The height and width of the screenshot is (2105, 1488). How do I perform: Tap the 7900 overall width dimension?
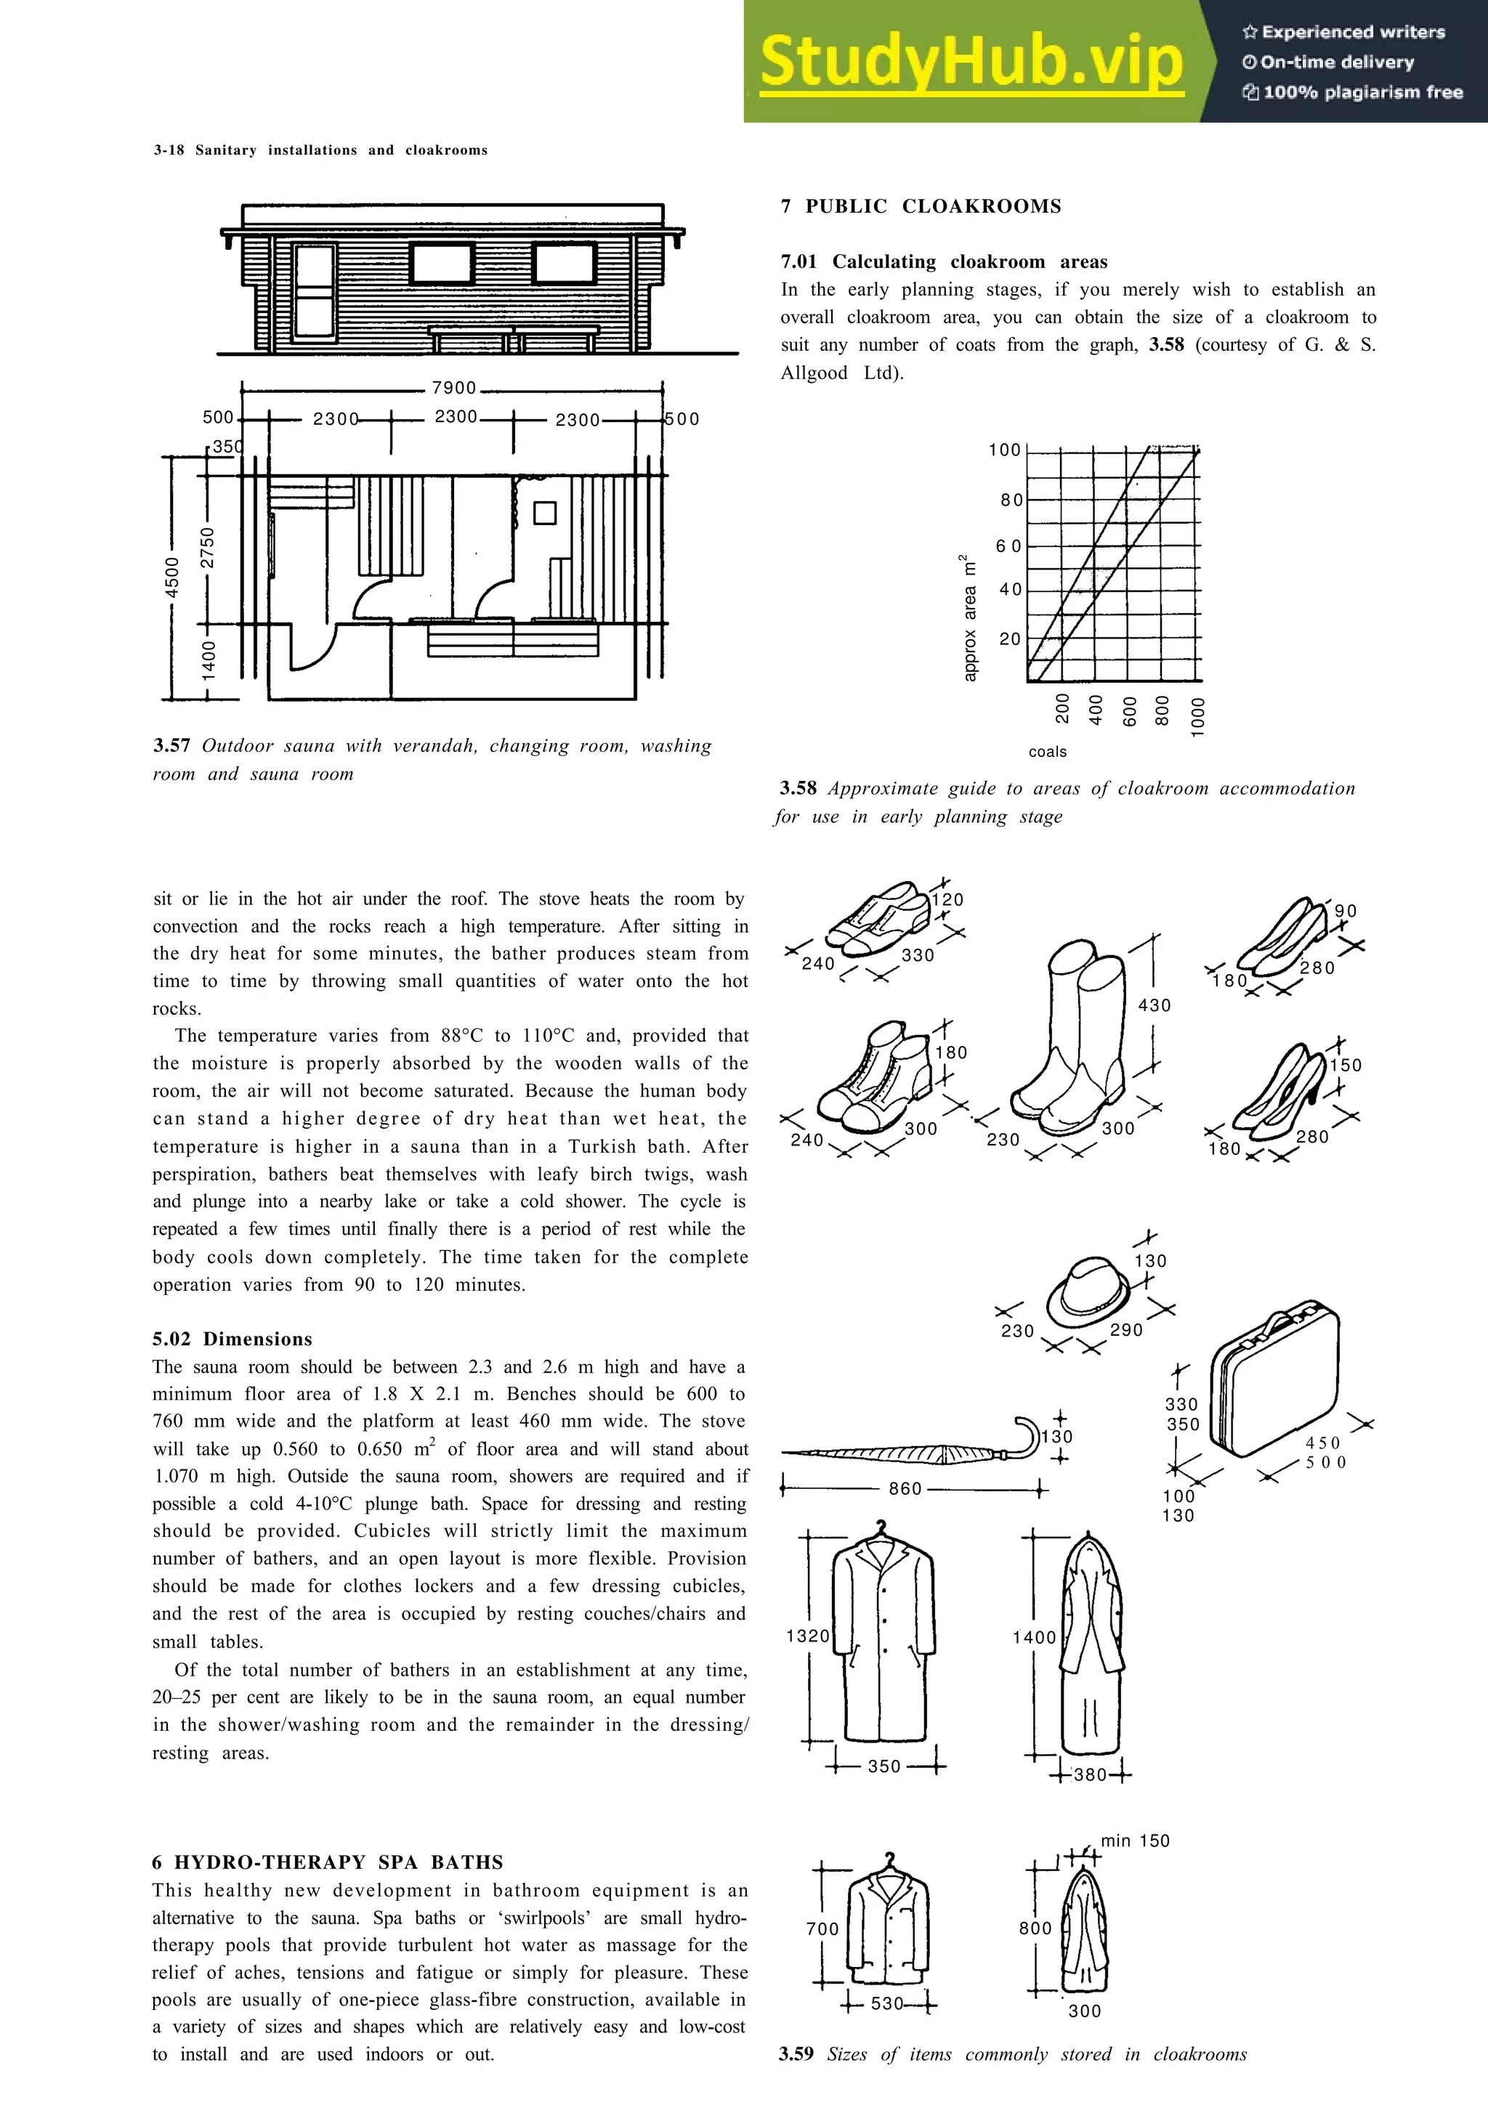coord(454,388)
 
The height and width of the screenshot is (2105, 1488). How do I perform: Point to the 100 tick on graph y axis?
coord(1004,450)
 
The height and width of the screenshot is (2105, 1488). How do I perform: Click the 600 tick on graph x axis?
coord(1130,711)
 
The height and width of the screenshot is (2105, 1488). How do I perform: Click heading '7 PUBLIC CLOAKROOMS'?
coord(921,206)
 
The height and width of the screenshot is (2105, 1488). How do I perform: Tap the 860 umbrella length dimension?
coord(905,1489)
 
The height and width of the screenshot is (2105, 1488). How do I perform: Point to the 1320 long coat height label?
coord(808,1636)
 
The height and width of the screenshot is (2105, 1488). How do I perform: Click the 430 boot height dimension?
coord(1155,1006)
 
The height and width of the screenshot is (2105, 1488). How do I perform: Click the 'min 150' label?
coord(1135,1841)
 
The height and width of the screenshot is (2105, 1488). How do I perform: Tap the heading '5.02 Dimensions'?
coord(232,1339)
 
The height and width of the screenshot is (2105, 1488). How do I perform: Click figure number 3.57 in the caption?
coord(171,745)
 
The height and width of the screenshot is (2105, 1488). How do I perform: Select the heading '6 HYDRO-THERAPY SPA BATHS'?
coord(327,1862)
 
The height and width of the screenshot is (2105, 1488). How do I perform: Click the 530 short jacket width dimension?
coord(886,2004)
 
